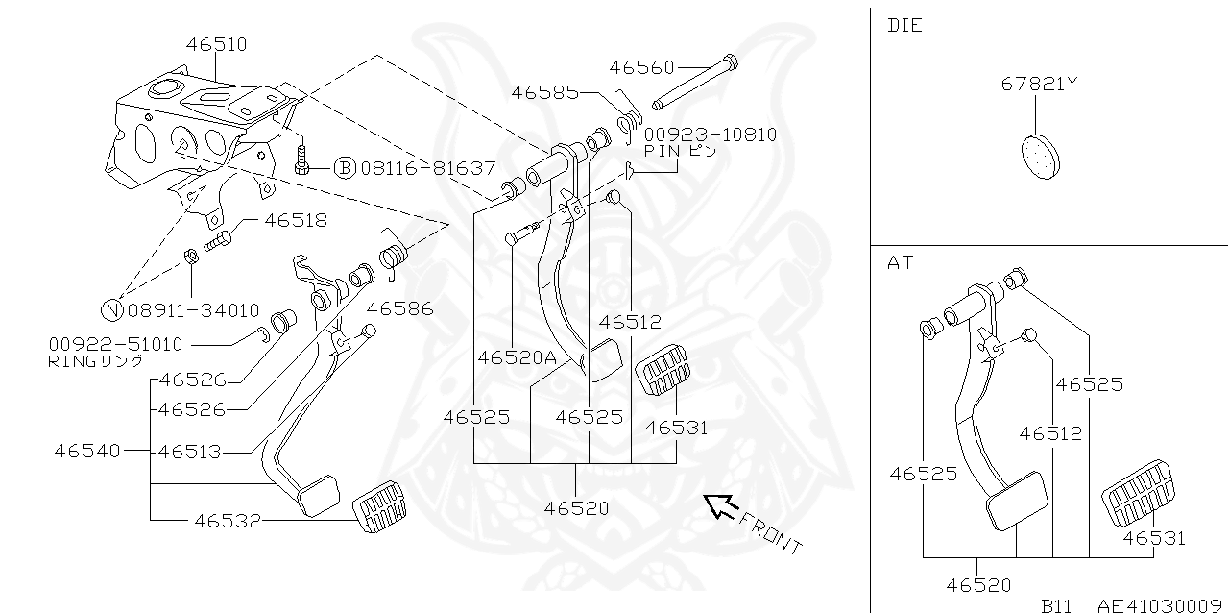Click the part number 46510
point(216,44)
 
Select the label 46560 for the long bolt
point(641,67)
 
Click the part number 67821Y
point(1039,84)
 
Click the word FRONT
point(771,532)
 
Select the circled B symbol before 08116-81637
point(344,168)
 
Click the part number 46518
point(296,220)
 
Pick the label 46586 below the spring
point(399,308)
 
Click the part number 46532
point(227,521)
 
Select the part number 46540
point(86,450)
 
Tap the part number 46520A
point(517,356)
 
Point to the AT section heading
point(901,262)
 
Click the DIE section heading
point(904,25)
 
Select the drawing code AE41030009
point(1162,605)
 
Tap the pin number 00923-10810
point(710,135)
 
